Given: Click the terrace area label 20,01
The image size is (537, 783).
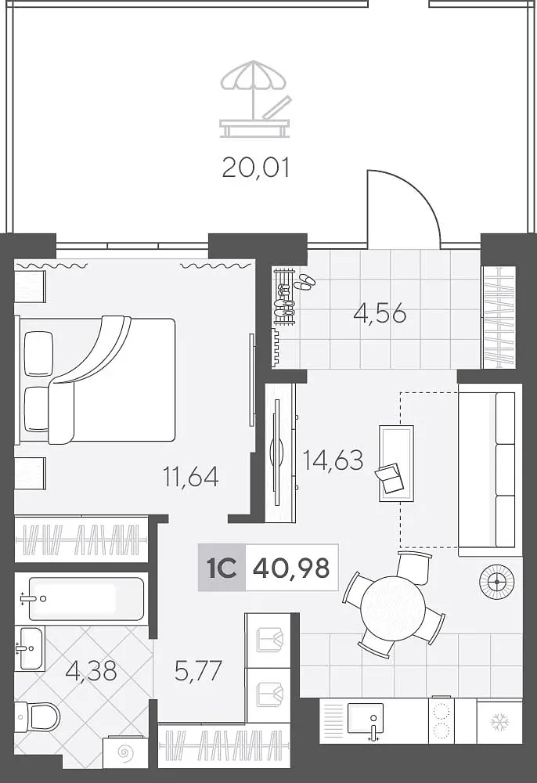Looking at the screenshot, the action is coord(255,168).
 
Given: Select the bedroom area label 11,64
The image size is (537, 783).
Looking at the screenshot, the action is coord(191,476).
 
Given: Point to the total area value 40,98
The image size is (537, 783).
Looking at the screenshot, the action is coord(291,568).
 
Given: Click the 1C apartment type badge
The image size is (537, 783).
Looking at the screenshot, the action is coord(222,568).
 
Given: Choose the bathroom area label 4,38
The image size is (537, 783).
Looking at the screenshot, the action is coord(92,671).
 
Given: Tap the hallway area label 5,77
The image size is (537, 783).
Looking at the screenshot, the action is coord(198,671).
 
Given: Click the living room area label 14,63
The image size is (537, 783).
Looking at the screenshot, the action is coord(333,460).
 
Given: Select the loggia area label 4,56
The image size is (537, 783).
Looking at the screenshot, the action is coord(380,314).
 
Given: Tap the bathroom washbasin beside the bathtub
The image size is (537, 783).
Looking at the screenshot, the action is coord(31,648).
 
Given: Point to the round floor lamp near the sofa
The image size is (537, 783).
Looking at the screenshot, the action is coord(496,580).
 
